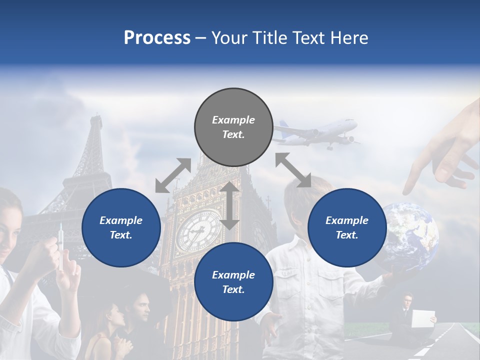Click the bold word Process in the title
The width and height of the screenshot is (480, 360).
pyautogui.click(x=157, y=38)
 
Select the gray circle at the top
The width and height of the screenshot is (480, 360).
pyautogui.click(x=233, y=127)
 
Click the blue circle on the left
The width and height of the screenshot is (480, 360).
pyautogui.click(x=121, y=227)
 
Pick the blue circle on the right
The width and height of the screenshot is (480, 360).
pyautogui.click(x=347, y=227)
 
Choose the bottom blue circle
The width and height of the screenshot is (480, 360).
pyautogui.click(x=233, y=282)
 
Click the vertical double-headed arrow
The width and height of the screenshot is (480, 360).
pyautogui.click(x=229, y=205)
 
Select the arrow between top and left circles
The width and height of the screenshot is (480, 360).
pyautogui.click(x=173, y=175)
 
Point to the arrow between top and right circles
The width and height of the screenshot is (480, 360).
pyautogui.click(x=293, y=170)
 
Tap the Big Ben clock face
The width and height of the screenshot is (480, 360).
pyautogui.click(x=198, y=231)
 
